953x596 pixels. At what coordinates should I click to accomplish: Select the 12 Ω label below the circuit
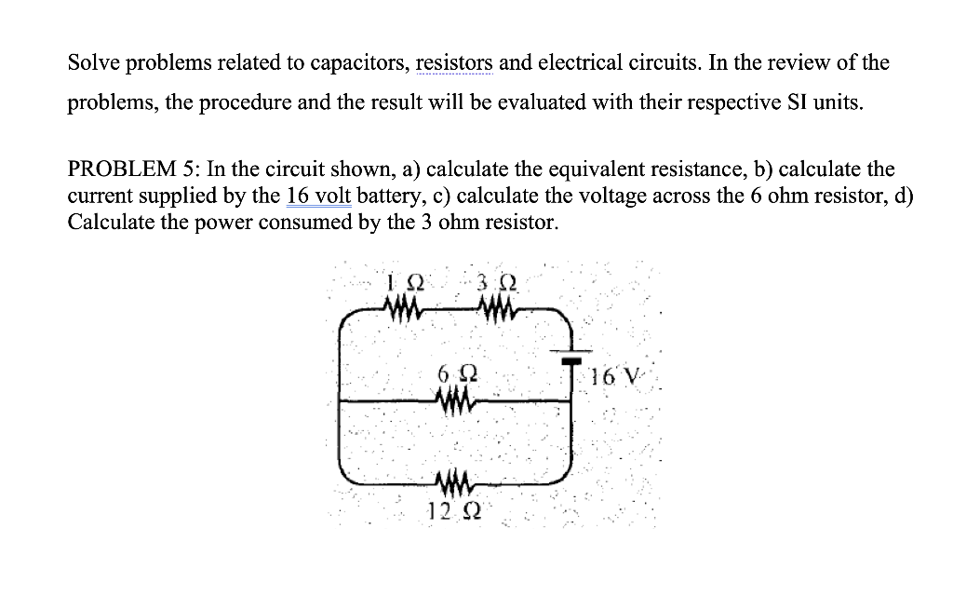click(453, 511)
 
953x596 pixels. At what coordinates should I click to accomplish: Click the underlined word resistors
click(454, 63)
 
